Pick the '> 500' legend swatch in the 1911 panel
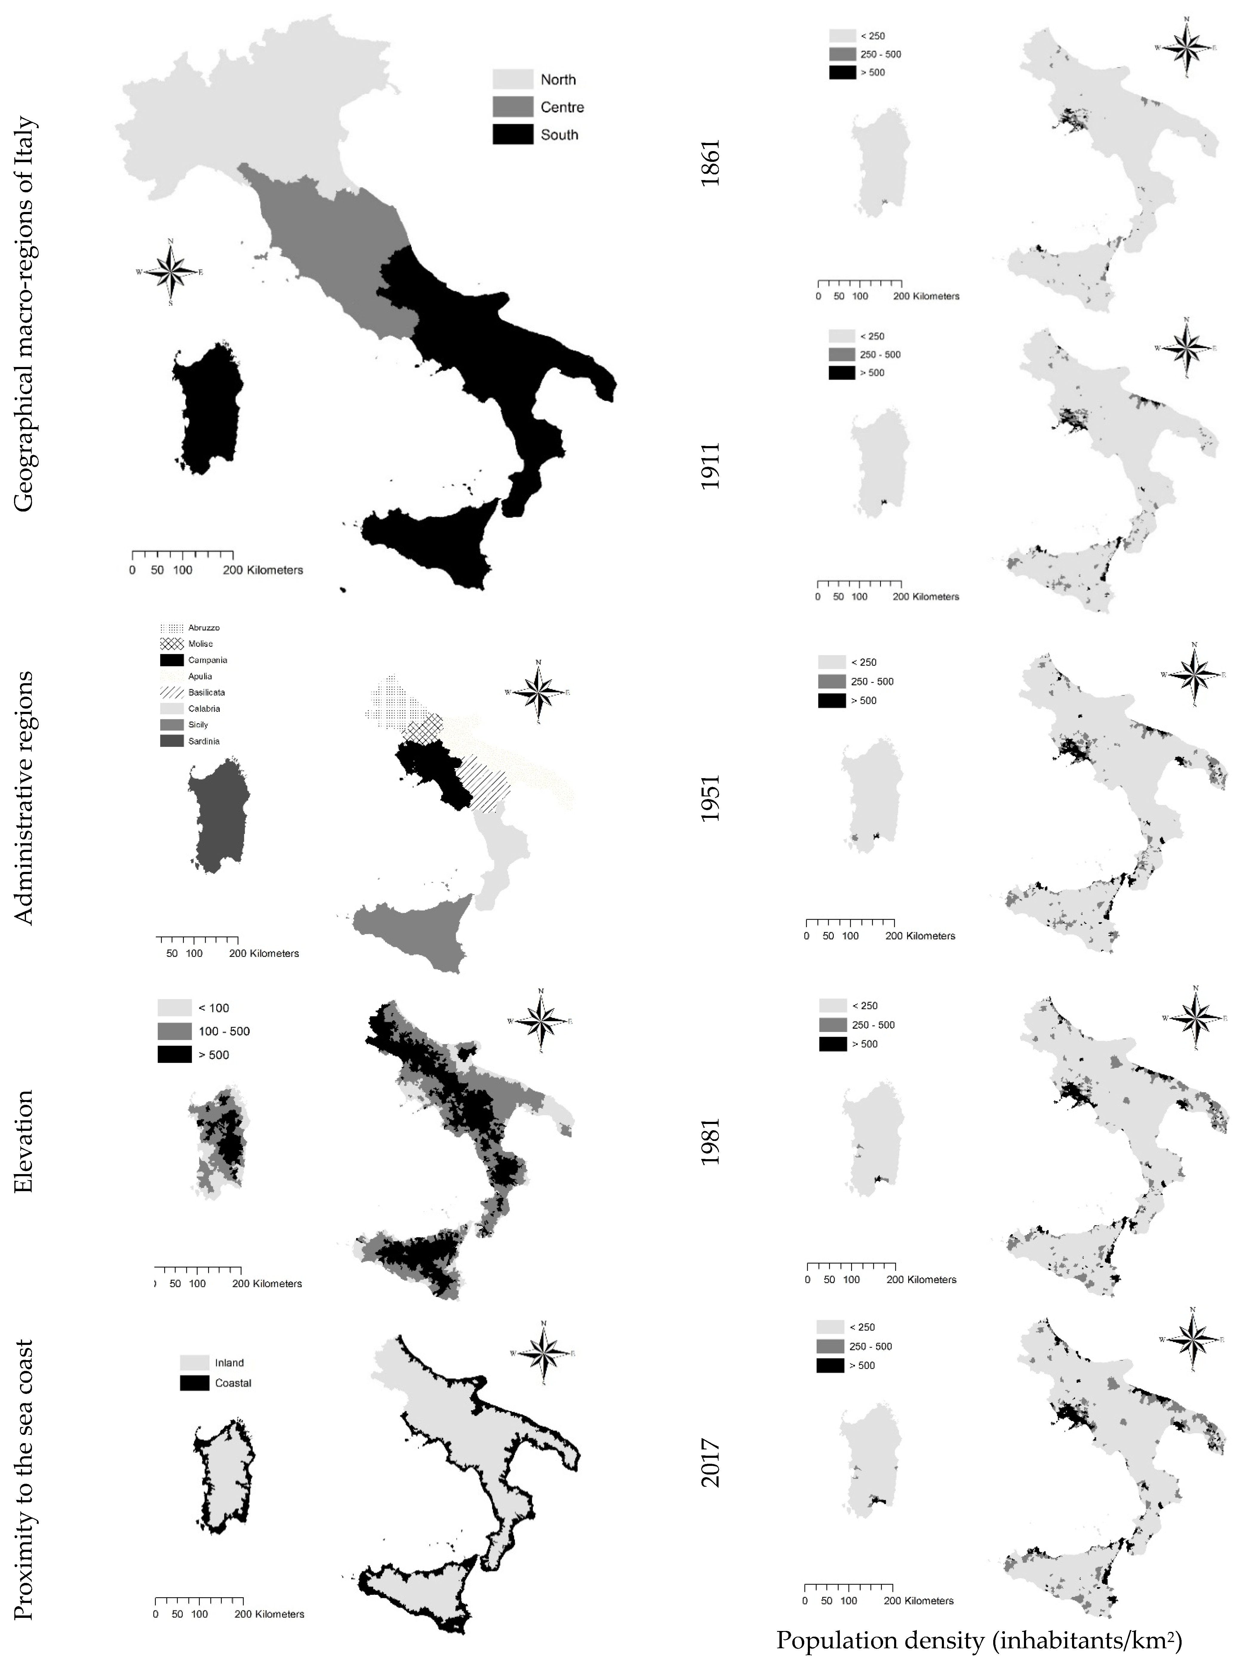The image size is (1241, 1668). (842, 373)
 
